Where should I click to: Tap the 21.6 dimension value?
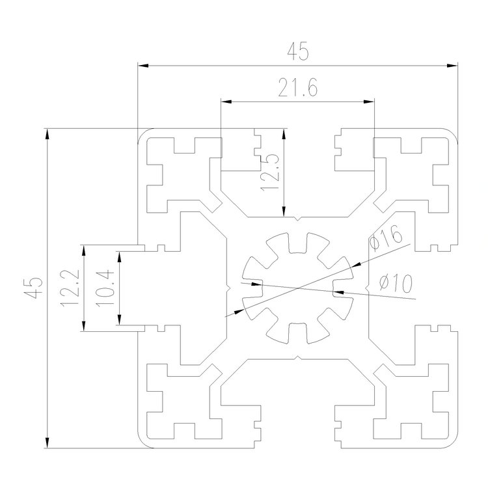point(297,89)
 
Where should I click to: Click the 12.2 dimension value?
point(71,288)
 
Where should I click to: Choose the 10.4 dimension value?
point(105,288)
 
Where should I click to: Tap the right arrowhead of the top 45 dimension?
point(454,65)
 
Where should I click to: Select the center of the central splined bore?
point(297,287)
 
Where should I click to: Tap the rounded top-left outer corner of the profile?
point(142,133)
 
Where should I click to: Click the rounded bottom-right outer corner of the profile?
point(453,442)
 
